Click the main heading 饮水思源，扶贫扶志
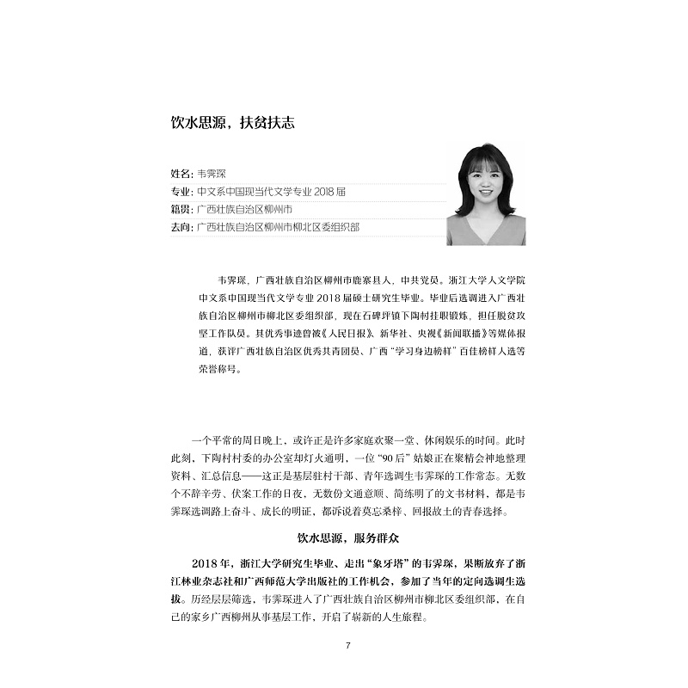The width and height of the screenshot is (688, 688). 232,123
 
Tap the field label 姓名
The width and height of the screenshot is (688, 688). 181,173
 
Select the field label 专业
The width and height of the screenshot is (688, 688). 181,191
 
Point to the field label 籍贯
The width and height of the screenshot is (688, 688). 181,209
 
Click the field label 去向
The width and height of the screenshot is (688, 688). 181,227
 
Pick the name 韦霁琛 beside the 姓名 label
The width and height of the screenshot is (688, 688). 211,173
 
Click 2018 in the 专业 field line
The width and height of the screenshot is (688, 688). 316,191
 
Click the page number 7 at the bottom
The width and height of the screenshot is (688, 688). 347,646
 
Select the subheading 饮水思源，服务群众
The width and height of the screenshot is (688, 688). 343,539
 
